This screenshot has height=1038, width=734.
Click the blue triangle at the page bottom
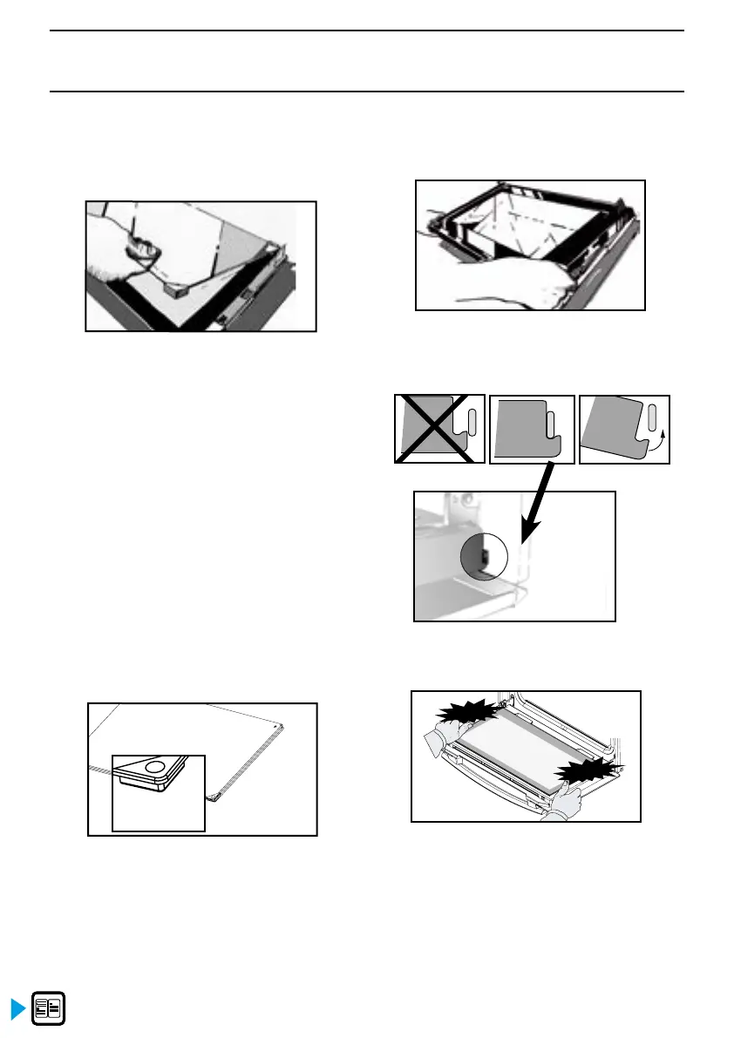[16, 1010]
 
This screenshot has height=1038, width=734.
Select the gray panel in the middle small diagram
[520, 429]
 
